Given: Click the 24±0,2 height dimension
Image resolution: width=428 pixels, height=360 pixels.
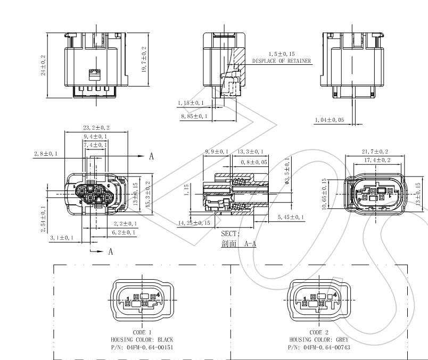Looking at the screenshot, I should [x=44, y=65].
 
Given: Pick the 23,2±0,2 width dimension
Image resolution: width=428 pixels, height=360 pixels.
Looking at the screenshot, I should [x=96, y=128].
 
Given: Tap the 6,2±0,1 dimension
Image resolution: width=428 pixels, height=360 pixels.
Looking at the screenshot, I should [x=125, y=232].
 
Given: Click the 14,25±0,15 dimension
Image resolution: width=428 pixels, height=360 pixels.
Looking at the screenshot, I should [x=194, y=223].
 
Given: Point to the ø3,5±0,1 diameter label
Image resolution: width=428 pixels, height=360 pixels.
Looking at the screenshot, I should [x=287, y=173].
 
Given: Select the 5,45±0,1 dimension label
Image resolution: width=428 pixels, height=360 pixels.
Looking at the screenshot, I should [x=291, y=217].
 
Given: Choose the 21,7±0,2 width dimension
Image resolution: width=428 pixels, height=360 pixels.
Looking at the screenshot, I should [x=375, y=152].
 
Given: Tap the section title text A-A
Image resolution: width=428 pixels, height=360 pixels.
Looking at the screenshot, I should [x=250, y=244].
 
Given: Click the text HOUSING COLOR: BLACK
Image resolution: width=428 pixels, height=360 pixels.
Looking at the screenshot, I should [x=142, y=339].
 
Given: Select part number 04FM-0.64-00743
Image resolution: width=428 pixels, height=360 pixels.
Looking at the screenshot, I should [x=320, y=347].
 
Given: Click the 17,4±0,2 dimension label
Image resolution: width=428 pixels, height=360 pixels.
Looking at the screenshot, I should [x=377, y=160].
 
